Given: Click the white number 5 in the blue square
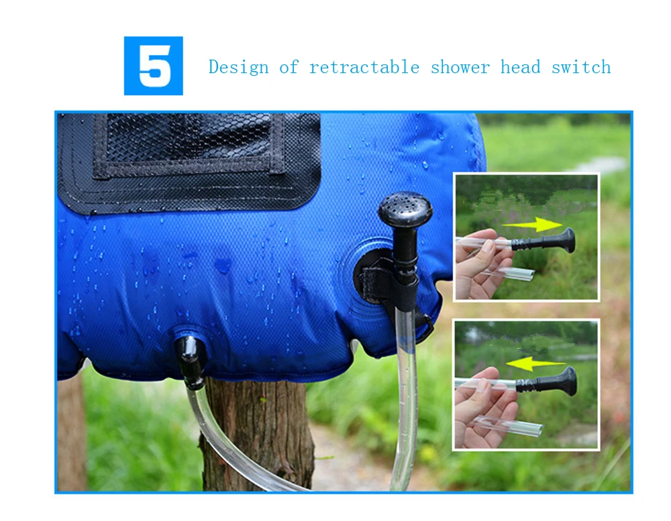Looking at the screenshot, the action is click(155, 66).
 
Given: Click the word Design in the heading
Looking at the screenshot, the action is click(239, 67).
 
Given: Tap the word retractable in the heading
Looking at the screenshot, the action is click(364, 67).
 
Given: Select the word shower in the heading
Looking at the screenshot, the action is click(460, 68).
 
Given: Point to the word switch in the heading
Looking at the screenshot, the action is click(581, 67).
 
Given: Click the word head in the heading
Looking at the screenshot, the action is click(521, 67).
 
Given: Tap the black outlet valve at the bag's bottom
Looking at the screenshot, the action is click(191, 361).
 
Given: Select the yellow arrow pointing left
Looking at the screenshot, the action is click(535, 364).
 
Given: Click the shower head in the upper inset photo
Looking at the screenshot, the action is click(544, 241).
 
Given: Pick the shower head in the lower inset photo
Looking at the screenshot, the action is click(548, 382).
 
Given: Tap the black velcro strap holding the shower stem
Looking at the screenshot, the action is click(385, 282).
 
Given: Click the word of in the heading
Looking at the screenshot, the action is click(289, 67).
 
